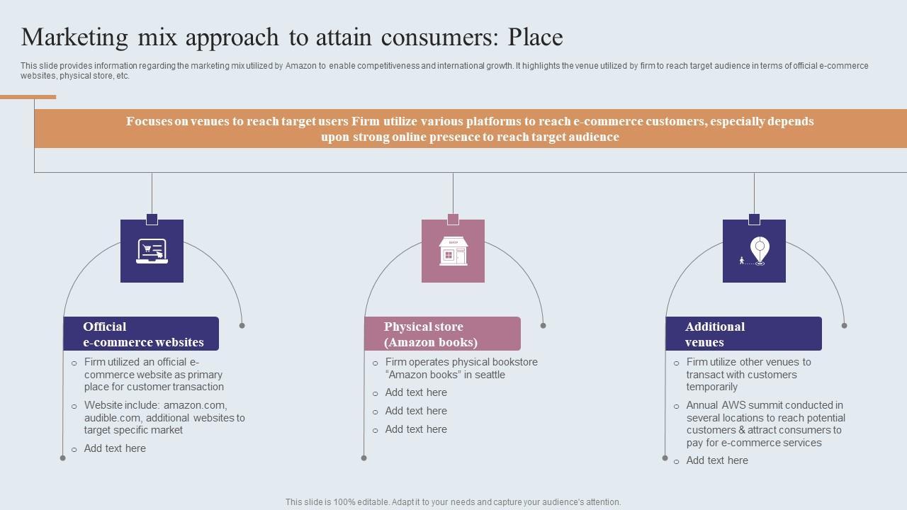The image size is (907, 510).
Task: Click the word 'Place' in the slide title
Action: click(535, 37)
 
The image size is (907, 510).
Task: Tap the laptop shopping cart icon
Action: click(152, 251)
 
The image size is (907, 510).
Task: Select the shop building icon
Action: click(453, 251)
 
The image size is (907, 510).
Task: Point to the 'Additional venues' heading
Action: click(715, 334)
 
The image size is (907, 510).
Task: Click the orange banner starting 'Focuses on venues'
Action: click(470, 129)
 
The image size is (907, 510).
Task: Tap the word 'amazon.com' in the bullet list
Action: click(195, 405)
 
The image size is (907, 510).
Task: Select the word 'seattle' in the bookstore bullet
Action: click(488, 375)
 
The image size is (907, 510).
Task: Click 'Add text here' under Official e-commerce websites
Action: click(115, 448)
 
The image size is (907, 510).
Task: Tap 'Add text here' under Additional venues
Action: click(717, 460)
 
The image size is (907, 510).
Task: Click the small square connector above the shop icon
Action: click(453, 219)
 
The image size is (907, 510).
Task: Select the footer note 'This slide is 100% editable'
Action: click(453, 502)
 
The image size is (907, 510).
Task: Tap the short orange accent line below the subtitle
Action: click(28, 97)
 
